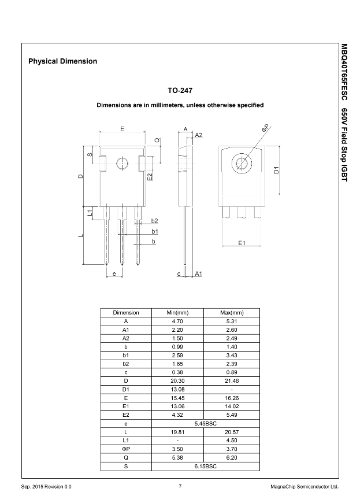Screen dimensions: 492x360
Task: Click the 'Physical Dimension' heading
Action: click(62, 61)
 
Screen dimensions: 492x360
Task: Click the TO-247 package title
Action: click(180, 91)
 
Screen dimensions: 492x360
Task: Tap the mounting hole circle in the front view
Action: click(122, 164)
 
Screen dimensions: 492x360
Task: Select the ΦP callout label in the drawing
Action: click(265, 128)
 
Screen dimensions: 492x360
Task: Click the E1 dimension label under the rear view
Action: click(242, 243)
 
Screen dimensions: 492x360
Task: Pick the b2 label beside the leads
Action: click(154, 221)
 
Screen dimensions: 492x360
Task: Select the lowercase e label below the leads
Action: click(114, 273)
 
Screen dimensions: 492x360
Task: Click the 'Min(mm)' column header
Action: click(177, 313)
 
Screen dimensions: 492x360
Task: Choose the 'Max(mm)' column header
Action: click(232, 313)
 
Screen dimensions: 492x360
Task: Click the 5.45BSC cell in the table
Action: click(205, 423)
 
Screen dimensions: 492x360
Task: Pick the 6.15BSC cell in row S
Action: click(205, 466)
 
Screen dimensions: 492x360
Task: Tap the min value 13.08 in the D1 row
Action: click(177, 389)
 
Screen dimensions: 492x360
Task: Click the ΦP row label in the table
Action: click(125, 449)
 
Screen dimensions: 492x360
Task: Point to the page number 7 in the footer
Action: click(180, 486)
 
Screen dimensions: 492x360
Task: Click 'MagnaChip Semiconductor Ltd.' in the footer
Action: click(305, 486)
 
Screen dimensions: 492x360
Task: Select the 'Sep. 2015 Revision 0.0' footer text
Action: click(47, 486)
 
